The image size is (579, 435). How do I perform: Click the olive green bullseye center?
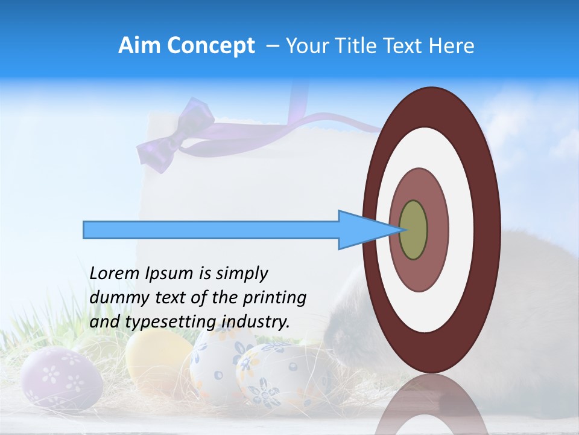[414, 230]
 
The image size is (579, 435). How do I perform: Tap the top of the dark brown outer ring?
[431, 106]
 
